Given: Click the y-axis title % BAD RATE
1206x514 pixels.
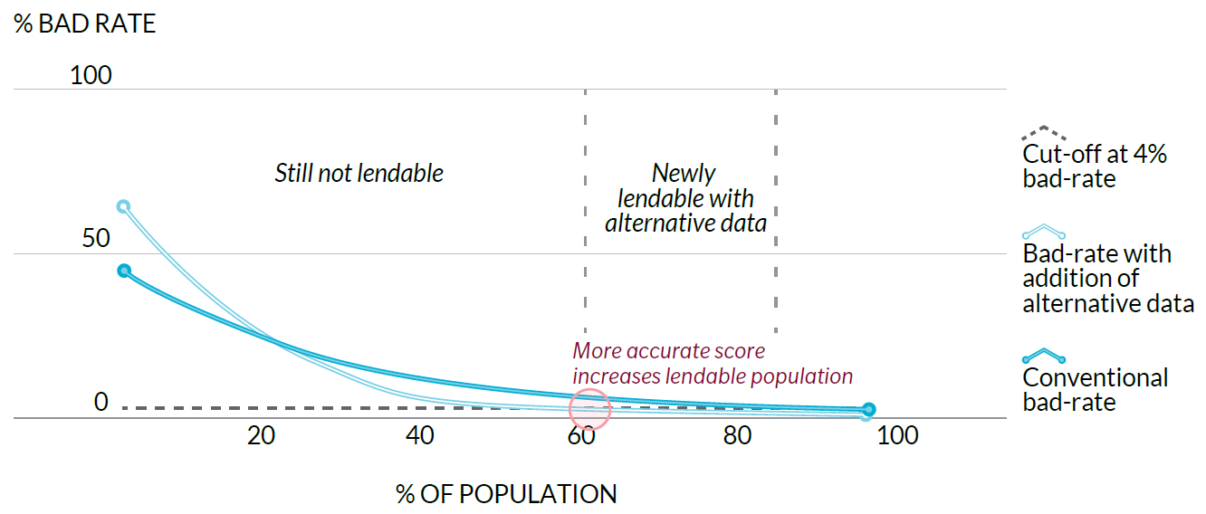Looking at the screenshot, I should pyautogui.click(x=85, y=24).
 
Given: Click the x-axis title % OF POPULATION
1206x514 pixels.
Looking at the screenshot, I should pyautogui.click(x=506, y=494).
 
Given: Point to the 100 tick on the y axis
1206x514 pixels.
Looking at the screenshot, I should pyautogui.click(x=91, y=75).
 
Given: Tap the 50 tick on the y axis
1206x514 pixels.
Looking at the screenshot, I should pyautogui.click(x=91, y=239).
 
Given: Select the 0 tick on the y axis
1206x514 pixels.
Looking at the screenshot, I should pyautogui.click(x=101, y=402).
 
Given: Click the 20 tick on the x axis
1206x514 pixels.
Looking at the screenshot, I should pyautogui.click(x=261, y=436).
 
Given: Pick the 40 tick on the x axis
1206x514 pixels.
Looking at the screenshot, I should pyautogui.click(x=420, y=436).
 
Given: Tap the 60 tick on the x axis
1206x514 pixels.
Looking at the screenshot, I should pyautogui.click(x=580, y=436).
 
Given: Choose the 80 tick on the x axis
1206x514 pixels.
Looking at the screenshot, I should pyautogui.click(x=738, y=436).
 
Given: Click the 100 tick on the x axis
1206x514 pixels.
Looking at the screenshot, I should pyautogui.click(x=897, y=436).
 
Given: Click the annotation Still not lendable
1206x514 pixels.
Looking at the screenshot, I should pyautogui.click(x=359, y=173).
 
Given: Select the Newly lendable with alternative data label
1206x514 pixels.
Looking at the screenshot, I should pyautogui.click(x=685, y=197).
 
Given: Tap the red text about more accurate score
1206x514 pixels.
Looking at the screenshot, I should pyautogui.click(x=713, y=363).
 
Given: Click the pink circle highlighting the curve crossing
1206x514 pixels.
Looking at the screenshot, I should pyautogui.click(x=590, y=408).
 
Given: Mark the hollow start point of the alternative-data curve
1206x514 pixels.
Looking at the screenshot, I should pyautogui.click(x=124, y=205).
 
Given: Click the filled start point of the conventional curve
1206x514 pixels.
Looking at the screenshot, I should pyautogui.click(x=124, y=271).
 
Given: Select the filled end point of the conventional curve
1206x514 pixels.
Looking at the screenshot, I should pyautogui.click(x=868, y=410).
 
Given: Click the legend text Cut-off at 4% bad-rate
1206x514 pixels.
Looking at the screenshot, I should pyautogui.click(x=1095, y=167).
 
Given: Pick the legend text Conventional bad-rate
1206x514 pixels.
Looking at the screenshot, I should pyautogui.click(x=1096, y=389).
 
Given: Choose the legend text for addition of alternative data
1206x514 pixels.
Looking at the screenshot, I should pyautogui.click(x=1108, y=279).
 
